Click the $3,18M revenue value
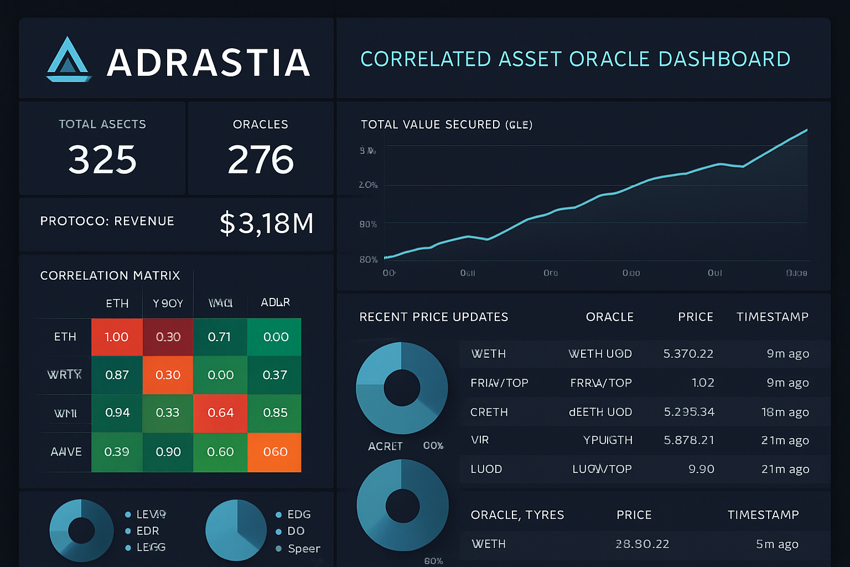click(x=267, y=224)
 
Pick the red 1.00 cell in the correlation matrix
click(x=117, y=337)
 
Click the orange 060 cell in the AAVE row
click(x=275, y=452)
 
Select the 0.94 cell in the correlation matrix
click(x=117, y=413)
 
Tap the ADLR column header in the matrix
click(x=275, y=302)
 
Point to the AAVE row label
click(x=66, y=452)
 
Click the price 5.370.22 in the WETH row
click(x=688, y=354)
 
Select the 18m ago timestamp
click(x=785, y=412)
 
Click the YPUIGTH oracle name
click(x=608, y=440)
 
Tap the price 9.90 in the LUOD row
click(x=701, y=469)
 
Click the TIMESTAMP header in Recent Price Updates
click(x=772, y=317)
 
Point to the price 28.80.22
click(x=642, y=544)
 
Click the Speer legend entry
click(x=303, y=548)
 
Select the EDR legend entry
click(x=147, y=530)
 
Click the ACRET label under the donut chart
click(x=385, y=446)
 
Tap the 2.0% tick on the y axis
click(x=368, y=185)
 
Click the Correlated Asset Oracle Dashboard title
click(x=575, y=59)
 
